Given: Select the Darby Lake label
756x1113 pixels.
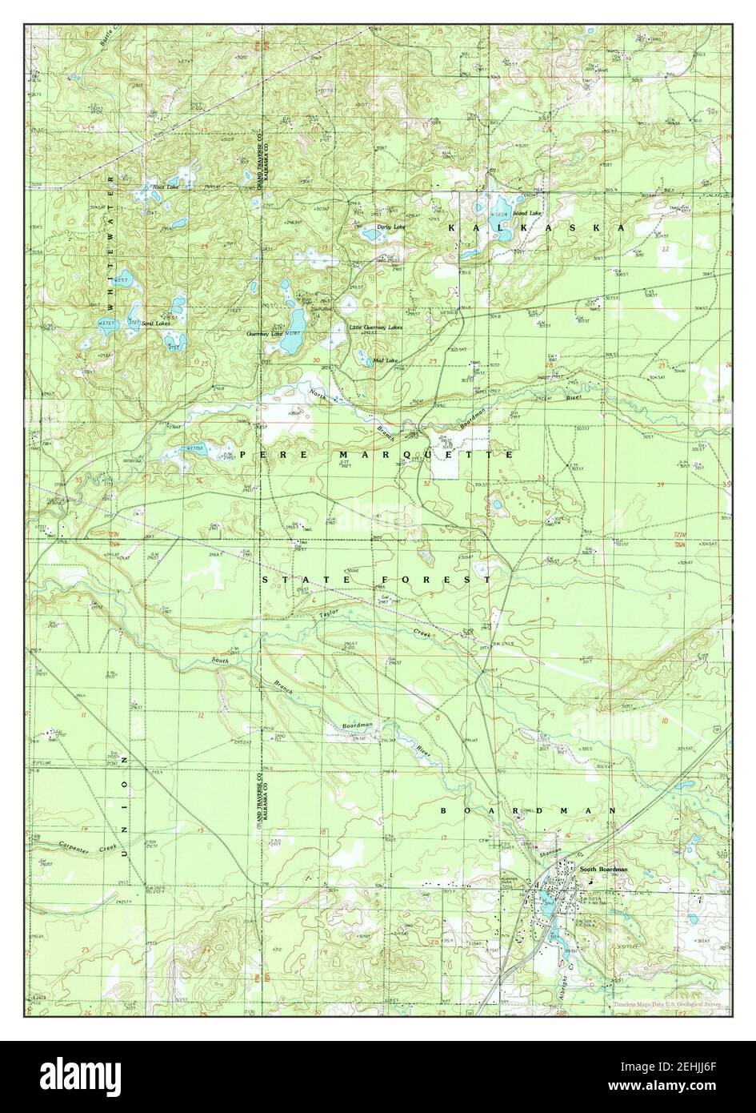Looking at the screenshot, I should tap(392, 227).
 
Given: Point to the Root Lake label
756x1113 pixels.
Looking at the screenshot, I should tap(166, 187).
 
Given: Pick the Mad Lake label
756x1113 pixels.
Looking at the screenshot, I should tap(386, 360).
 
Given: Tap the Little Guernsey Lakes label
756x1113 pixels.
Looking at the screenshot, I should tap(375, 327).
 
